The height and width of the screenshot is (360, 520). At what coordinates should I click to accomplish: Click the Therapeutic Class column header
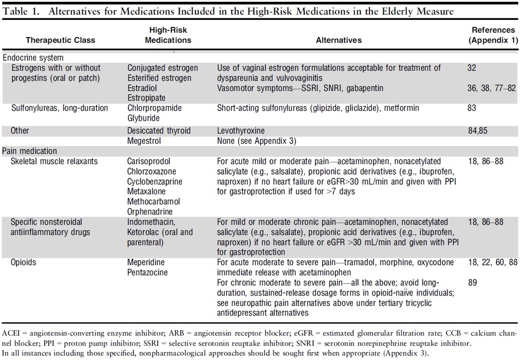[60, 40]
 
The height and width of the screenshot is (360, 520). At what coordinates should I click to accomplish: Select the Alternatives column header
[339, 40]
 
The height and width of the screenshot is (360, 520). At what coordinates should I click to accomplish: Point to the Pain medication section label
[30, 151]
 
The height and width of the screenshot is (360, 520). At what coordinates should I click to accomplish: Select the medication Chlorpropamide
[155, 108]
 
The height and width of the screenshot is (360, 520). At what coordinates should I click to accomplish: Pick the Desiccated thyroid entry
[159, 131]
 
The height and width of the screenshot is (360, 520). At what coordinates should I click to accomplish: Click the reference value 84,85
[476, 131]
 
